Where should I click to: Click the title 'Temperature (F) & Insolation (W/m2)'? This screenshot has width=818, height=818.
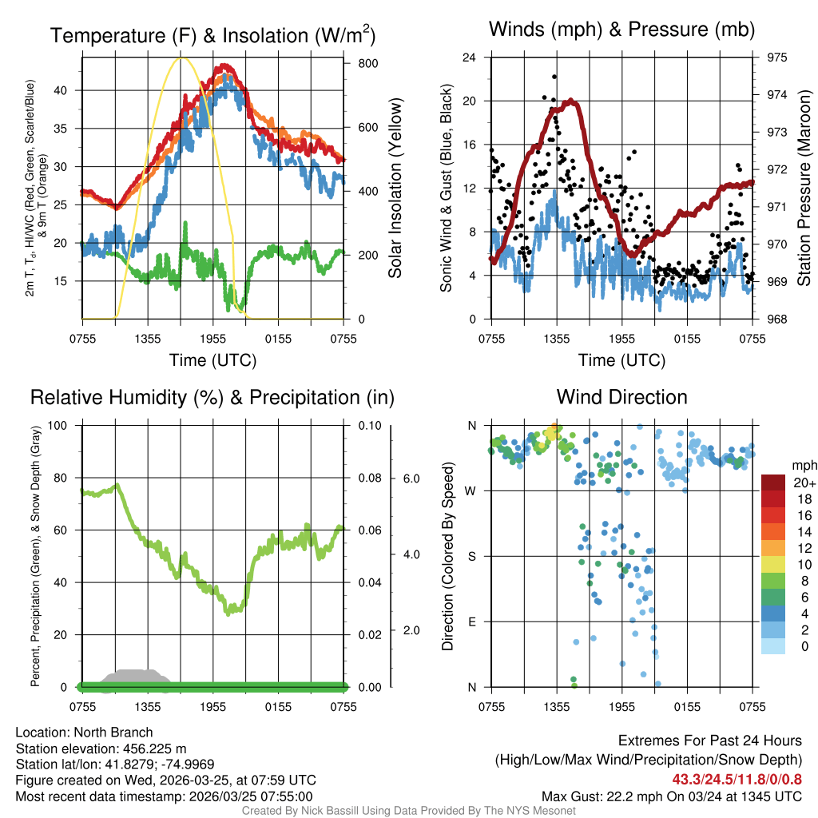(212, 35)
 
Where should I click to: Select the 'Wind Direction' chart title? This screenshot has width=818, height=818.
(621, 397)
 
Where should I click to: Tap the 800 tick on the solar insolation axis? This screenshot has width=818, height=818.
(357, 63)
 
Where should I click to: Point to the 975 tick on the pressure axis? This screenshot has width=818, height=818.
(766, 58)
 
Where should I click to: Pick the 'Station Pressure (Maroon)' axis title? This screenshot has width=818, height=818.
(804, 189)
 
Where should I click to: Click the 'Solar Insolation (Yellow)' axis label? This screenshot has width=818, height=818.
(395, 189)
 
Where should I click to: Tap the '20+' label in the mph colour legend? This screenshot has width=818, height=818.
(804, 482)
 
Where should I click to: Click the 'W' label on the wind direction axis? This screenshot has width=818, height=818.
(471, 490)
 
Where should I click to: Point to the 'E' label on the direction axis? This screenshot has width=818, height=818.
(472, 621)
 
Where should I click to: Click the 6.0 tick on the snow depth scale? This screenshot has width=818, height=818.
(409, 478)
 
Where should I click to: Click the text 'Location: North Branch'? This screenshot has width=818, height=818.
(84, 733)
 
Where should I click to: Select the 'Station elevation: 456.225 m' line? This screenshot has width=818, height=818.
(101, 749)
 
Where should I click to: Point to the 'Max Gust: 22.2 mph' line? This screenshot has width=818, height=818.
(671, 796)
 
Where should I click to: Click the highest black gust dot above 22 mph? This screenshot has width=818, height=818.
(554, 77)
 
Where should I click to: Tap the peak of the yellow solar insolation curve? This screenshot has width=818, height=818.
(181, 58)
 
